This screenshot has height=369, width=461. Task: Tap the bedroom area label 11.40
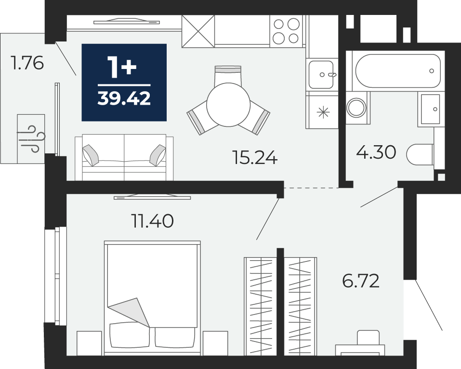[x=152, y=221]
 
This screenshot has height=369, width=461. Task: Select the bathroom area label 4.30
[x=376, y=152]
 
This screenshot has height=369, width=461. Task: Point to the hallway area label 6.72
[x=360, y=281]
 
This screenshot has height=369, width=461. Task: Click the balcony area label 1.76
[x=27, y=63]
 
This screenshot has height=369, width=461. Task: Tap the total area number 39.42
[x=124, y=98]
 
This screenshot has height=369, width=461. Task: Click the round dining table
[x=228, y=105]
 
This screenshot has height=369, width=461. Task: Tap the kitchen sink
[x=321, y=74]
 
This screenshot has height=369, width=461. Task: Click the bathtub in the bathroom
[x=397, y=71]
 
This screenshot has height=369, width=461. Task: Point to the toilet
[x=420, y=154]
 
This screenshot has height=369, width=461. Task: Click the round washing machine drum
[x=356, y=107]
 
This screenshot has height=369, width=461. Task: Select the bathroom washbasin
[x=431, y=109]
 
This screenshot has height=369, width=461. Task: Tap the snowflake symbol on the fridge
[x=323, y=112]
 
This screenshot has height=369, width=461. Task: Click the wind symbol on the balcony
[x=31, y=138]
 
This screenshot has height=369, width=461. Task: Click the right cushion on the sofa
[x=158, y=155]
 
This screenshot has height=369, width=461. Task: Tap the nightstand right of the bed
[x=215, y=343]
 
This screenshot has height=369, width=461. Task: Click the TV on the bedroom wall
[x=152, y=197]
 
